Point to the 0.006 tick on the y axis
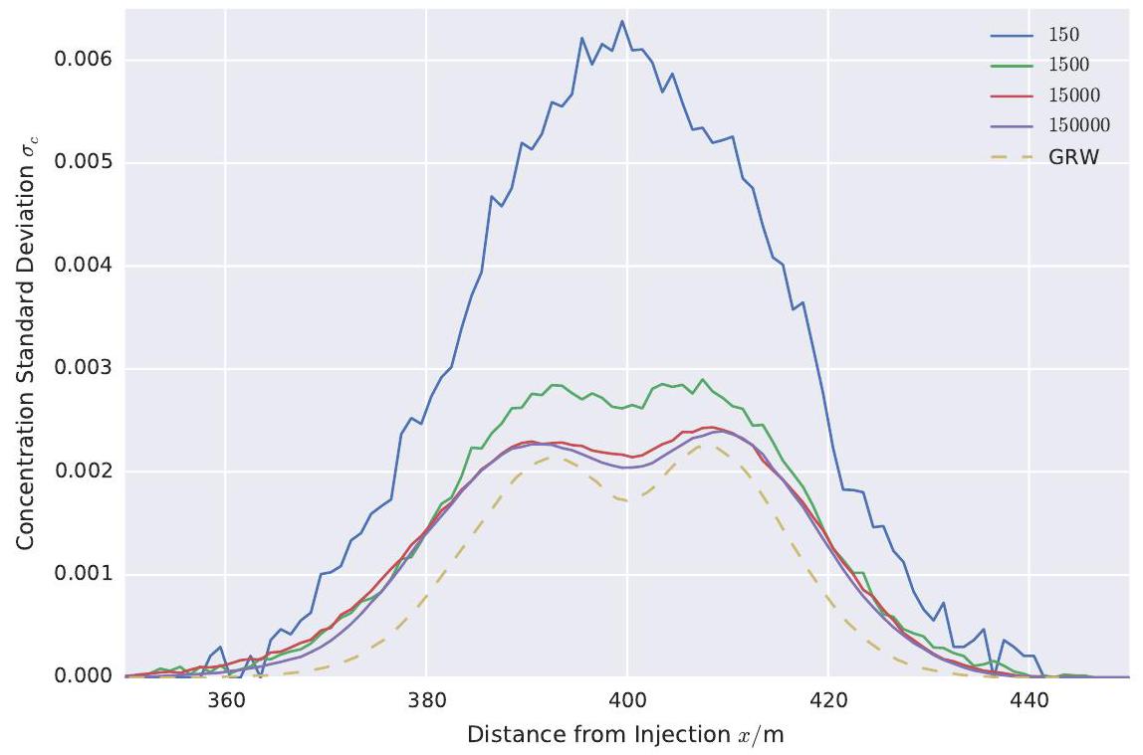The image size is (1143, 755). tap(83, 60)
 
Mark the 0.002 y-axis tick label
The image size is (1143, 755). tap(83, 472)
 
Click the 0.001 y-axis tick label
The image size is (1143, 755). tap(83, 574)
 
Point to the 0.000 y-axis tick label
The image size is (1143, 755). tap(83, 676)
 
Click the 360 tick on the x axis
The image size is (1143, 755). tap(225, 699)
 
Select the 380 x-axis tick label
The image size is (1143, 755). tap(426, 699)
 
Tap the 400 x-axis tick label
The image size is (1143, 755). tap(626, 699)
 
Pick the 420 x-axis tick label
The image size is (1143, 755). tap(827, 699)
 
